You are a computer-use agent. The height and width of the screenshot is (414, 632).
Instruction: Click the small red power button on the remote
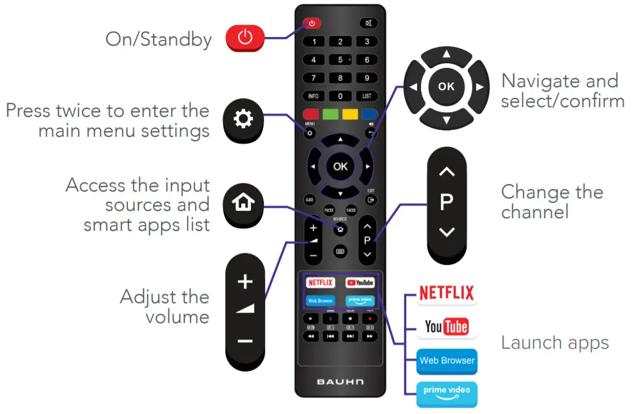tap(312, 23)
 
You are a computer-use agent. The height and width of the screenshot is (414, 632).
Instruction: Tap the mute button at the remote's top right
tap(367, 23)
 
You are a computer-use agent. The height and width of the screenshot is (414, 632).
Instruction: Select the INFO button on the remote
tap(313, 96)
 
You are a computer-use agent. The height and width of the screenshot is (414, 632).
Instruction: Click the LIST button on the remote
tap(367, 96)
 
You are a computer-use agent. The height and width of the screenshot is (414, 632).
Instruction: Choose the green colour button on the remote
tap(331, 114)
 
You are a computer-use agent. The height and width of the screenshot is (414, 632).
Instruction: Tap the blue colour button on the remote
tap(369, 114)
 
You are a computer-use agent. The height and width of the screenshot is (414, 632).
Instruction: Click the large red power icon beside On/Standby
tap(245, 38)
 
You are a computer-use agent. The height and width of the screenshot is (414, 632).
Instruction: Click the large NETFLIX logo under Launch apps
tap(447, 293)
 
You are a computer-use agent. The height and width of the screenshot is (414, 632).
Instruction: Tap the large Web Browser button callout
tap(447, 360)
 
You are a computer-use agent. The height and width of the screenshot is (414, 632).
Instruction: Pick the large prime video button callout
tap(447, 393)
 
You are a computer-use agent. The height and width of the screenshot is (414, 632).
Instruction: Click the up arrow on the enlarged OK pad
tap(447, 54)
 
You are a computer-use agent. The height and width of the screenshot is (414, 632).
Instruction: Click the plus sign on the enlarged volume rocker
tap(245, 281)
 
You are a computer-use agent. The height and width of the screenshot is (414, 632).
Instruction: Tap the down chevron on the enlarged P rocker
tap(447, 232)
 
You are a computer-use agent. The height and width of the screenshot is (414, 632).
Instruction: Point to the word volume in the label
tap(177, 317)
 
